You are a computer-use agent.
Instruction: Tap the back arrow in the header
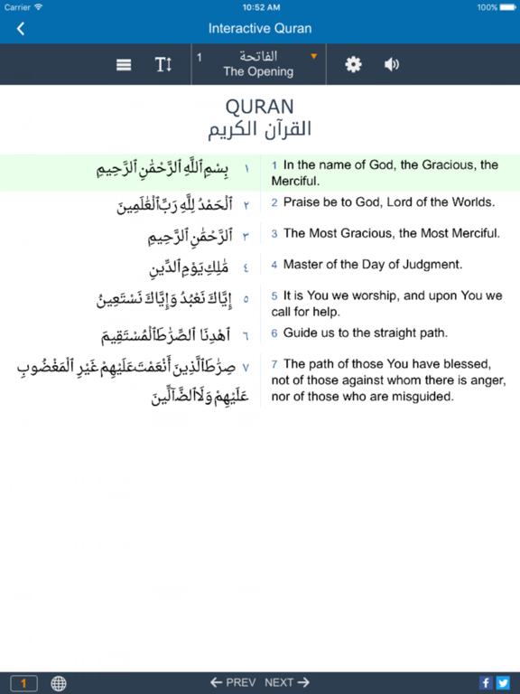click(x=21, y=29)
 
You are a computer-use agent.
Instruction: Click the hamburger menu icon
click(x=125, y=65)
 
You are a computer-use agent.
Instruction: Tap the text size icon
click(x=162, y=65)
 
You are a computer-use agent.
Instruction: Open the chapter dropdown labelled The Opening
click(x=258, y=64)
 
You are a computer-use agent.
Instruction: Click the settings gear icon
click(x=353, y=65)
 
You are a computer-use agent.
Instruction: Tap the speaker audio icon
click(x=392, y=65)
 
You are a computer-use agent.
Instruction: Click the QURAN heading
click(x=259, y=107)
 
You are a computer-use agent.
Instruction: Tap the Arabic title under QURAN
click(x=259, y=129)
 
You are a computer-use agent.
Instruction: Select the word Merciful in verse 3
click(x=472, y=233)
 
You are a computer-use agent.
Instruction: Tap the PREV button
click(x=233, y=683)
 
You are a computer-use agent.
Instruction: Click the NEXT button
click(x=287, y=683)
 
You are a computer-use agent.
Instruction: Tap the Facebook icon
click(x=486, y=683)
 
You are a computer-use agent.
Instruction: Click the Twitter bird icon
click(x=503, y=683)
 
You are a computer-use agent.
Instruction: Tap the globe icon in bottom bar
click(x=59, y=683)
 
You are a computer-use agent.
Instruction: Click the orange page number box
click(x=23, y=683)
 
